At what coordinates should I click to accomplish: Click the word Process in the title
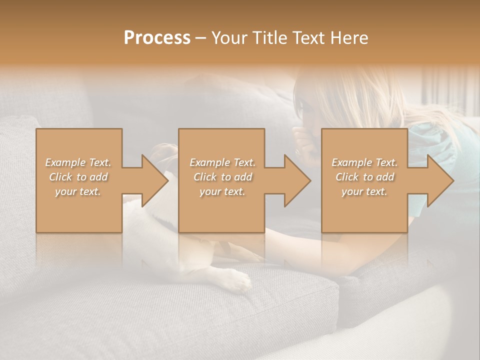[x=157, y=37]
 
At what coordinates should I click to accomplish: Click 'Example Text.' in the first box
[x=78, y=162]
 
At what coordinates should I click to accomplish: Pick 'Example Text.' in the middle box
[x=222, y=162]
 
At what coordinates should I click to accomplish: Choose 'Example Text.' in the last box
[x=364, y=162]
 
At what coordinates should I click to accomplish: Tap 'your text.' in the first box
[x=78, y=191]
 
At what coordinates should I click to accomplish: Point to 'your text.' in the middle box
[x=222, y=191]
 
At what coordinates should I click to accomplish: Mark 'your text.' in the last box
[x=364, y=191]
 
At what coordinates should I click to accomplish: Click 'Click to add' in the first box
[x=78, y=177]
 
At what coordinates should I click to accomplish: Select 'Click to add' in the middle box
[x=222, y=177]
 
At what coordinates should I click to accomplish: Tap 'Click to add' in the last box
[x=364, y=177]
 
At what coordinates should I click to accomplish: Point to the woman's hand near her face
[x=301, y=140]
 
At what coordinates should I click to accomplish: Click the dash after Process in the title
[x=200, y=38]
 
